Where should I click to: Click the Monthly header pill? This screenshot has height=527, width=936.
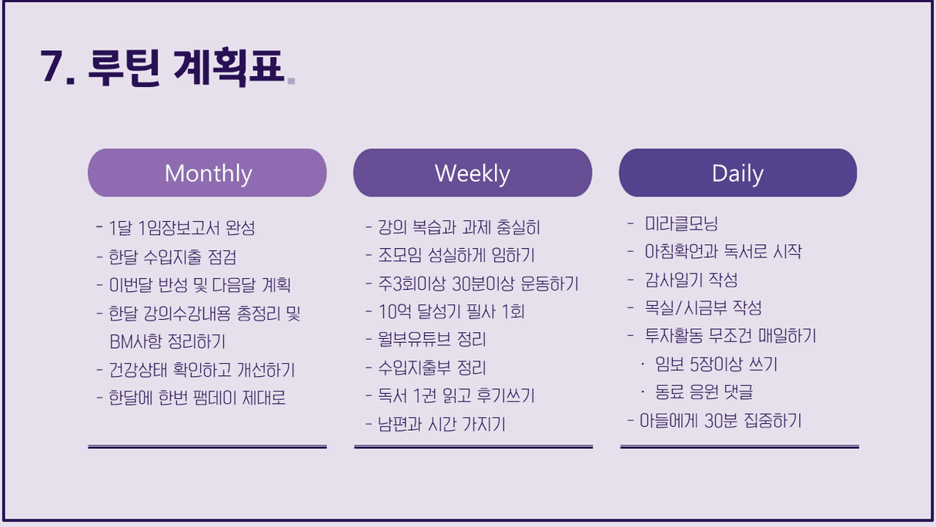tap(207, 173)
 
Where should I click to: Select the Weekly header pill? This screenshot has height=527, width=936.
tap(473, 173)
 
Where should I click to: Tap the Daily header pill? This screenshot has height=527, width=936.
tap(738, 173)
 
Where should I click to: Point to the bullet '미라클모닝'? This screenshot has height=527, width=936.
tap(681, 223)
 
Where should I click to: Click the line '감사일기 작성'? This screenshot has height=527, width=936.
tap(691, 280)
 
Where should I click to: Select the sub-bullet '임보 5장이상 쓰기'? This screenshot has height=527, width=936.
tap(716, 364)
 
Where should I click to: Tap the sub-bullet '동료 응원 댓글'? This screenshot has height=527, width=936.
tap(704, 392)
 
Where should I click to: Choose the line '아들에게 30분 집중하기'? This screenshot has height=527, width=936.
tap(720, 421)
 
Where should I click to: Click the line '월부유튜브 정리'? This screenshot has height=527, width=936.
tap(432, 339)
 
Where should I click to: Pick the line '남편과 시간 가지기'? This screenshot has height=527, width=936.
tap(442, 424)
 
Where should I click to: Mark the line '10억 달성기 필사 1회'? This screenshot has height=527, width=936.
tap(451, 311)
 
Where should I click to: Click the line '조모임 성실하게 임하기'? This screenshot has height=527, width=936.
tap(456, 255)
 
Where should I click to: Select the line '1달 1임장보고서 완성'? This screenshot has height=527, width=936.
tap(182, 228)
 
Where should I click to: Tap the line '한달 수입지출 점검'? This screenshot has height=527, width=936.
tap(172, 257)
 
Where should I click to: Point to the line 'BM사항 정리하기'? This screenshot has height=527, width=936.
tap(167, 341)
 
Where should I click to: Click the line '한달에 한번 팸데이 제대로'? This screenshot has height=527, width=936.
tap(197, 398)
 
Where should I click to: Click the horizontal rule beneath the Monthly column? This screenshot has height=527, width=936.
tap(207, 447)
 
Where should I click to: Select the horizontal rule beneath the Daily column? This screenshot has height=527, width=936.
tap(740, 447)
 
